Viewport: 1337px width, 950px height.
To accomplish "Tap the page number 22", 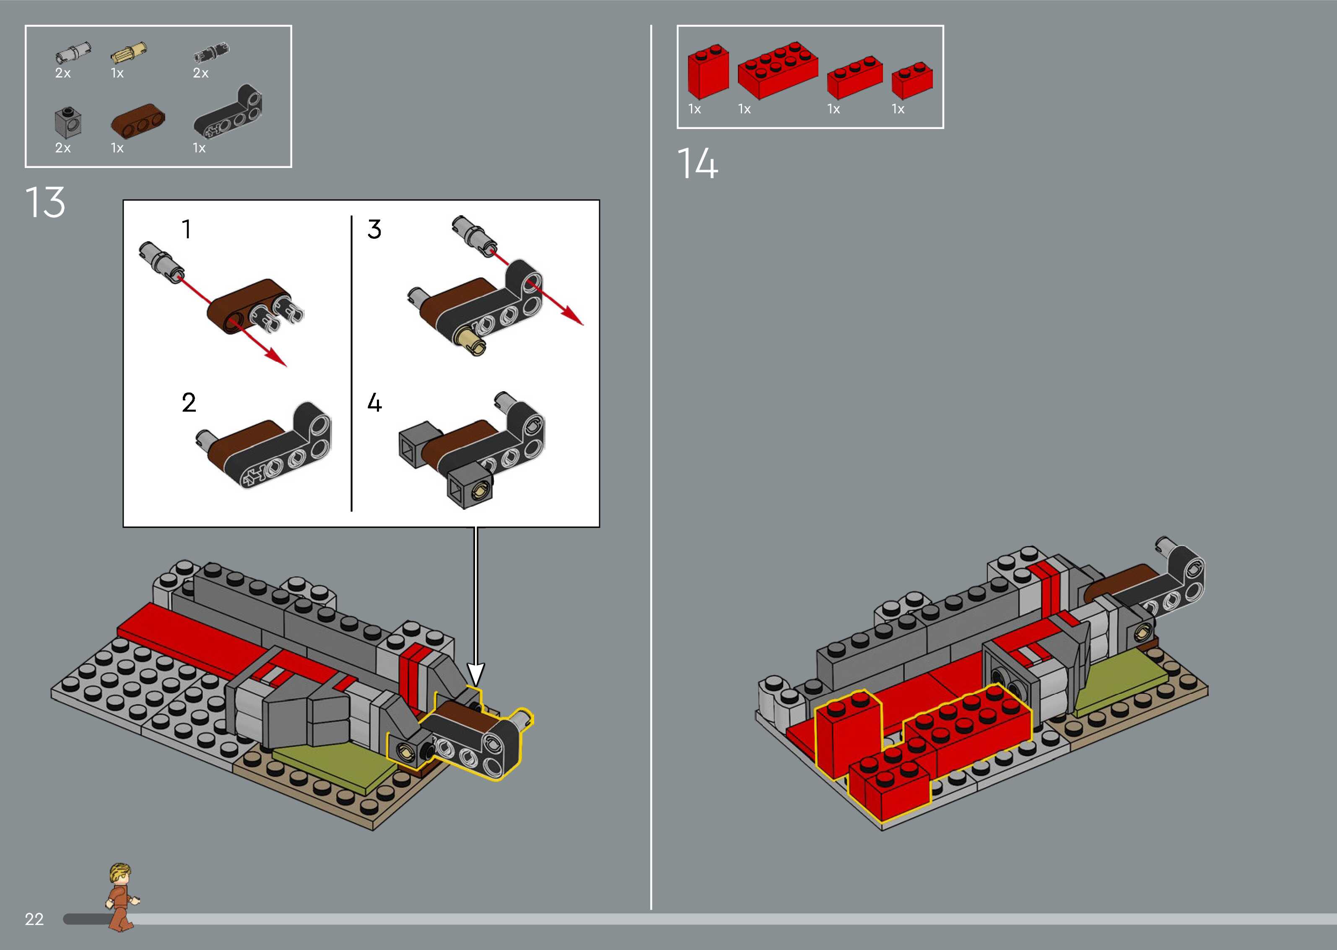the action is pyautogui.click(x=34, y=919).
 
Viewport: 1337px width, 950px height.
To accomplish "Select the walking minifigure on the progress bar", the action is pyautogui.click(x=122, y=896).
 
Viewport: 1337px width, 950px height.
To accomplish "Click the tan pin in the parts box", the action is pyautogui.click(x=128, y=53).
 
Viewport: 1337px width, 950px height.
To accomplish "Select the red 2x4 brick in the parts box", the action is pyautogui.click(x=777, y=69).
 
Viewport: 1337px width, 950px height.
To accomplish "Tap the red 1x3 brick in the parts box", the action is pyautogui.click(x=854, y=77).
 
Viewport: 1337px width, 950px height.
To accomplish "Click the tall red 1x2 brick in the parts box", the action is pyautogui.click(x=707, y=71).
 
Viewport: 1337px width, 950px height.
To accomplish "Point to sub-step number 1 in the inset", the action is pyautogui.click(x=186, y=229).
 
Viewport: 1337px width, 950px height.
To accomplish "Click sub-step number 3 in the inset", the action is pyautogui.click(x=374, y=229).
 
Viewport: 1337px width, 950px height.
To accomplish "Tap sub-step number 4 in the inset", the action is pyautogui.click(x=374, y=403).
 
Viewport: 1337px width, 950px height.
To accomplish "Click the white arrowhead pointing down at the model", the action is pyautogui.click(x=476, y=673).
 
